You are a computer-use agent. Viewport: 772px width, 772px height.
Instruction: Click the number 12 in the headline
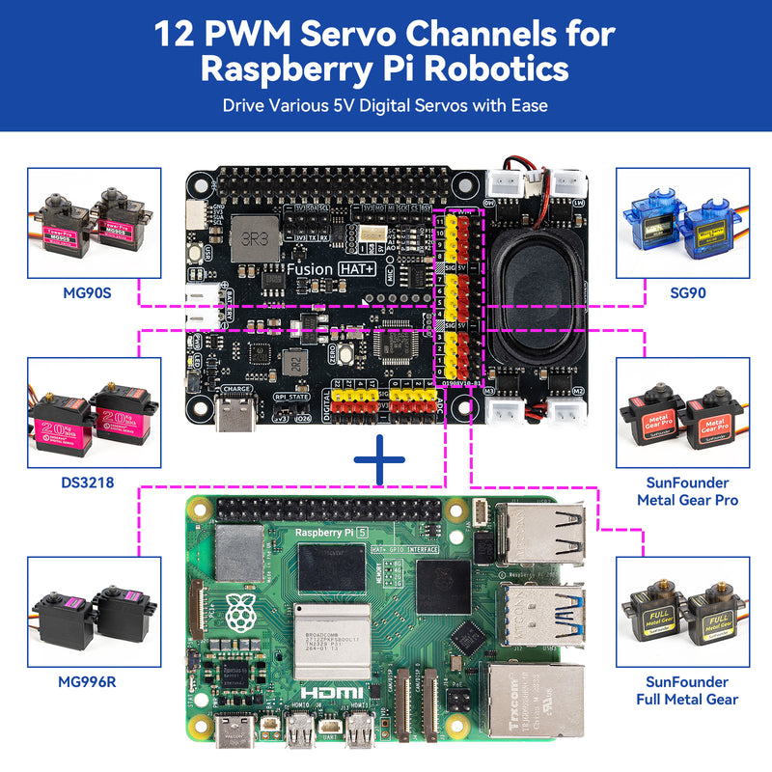(x=179, y=34)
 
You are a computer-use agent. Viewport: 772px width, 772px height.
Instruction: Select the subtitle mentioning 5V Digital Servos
(x=385, y=105)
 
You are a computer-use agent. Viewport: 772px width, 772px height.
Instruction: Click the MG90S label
(x=84, y=291)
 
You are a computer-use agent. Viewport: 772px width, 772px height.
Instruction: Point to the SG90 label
(x=686, y=291)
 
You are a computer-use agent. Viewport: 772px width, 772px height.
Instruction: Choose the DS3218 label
(x=84, y=482)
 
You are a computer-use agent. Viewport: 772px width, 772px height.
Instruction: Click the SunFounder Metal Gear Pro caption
(x=686, y=491)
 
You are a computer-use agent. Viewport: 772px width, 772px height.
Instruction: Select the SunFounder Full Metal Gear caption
(x=686, y=690)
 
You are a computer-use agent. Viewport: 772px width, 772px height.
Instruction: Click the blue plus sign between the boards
(x=379, y=460)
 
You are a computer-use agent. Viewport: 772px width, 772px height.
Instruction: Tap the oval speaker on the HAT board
(x=534, y=292)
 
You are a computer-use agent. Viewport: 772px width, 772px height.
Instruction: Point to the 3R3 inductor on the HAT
(x=253, y=236)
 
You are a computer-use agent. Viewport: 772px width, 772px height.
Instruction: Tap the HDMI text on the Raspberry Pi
(x=333, y=693)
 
